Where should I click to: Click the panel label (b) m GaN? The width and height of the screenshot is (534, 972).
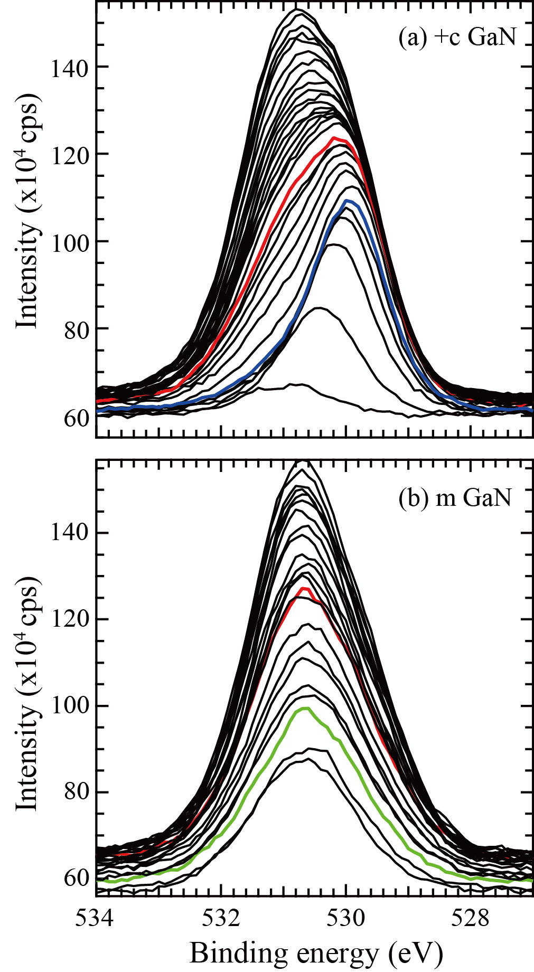455,497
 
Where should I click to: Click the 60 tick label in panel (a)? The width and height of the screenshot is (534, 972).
74,418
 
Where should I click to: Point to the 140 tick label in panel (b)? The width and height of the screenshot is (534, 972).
69,533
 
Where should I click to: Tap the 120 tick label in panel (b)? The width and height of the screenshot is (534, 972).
69,619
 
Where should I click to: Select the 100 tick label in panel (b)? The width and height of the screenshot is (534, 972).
69,706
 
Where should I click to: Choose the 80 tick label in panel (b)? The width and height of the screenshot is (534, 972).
74,792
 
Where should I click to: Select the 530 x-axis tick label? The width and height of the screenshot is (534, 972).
346,918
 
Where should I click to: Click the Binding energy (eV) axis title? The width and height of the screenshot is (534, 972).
316,954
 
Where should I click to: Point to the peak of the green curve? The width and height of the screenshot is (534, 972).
305,708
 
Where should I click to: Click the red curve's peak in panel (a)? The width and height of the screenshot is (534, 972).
335,138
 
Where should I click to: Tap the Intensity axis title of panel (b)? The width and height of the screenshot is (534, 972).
27,692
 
